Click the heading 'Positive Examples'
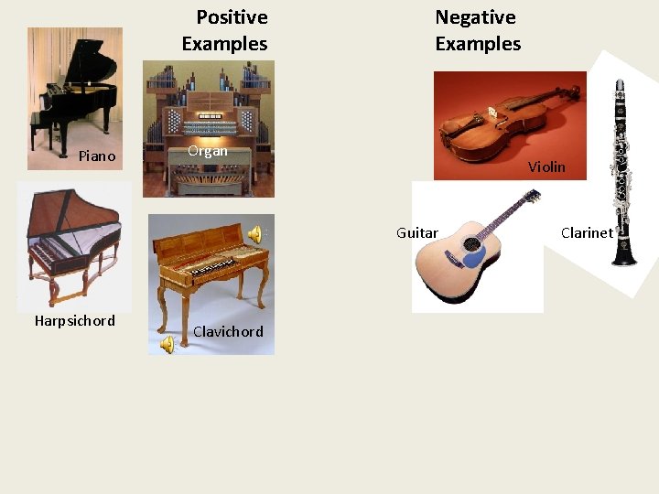224,30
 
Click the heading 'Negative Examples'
477,30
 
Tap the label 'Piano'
97,156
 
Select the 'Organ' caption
207,151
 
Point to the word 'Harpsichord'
74,321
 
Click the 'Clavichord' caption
228,332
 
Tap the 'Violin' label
546,167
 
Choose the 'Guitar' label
416,233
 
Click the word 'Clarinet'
587,233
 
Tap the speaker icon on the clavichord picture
255,233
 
